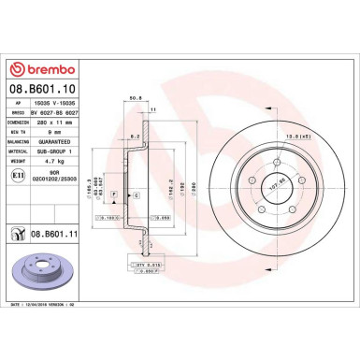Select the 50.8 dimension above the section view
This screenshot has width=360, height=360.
(x=135, y=95)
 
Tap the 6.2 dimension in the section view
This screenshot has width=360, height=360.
(x=136, y=137)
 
